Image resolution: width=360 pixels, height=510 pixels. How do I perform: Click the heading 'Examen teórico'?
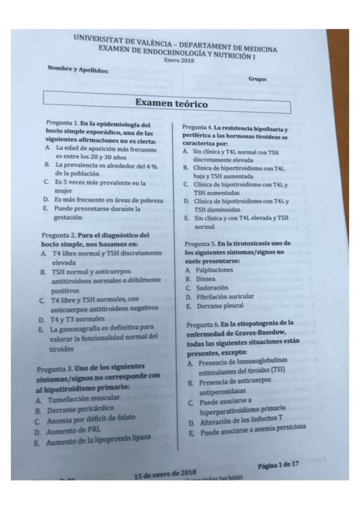[171, 103]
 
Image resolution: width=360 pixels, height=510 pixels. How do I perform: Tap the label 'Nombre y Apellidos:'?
[78, 70]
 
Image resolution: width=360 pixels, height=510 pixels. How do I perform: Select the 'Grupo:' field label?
[257, 79]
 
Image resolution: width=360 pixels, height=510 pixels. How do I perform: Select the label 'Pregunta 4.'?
[197, 127]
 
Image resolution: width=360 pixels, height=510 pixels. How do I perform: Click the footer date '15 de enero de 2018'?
[166, 473]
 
